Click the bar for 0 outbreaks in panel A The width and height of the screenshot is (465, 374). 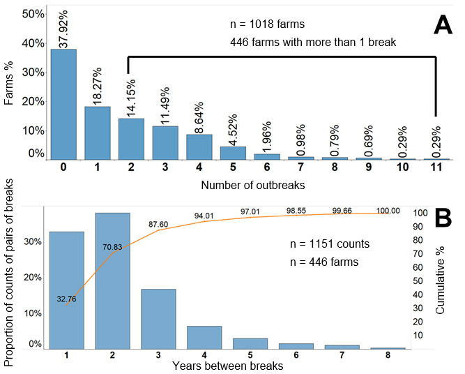pos(63,105)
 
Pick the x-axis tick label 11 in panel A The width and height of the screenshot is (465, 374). pos(436,168)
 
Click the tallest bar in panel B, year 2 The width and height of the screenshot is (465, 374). pos(112,280)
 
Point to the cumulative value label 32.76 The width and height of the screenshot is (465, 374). pos(67,299)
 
